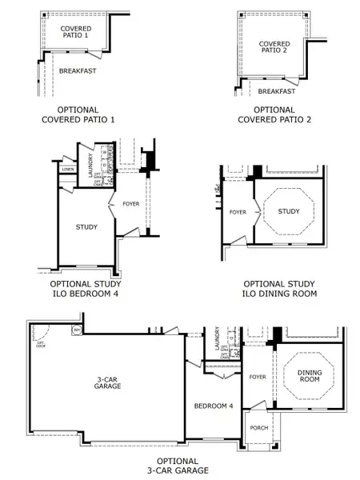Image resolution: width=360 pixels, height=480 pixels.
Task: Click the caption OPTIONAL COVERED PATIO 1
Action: point(78,114)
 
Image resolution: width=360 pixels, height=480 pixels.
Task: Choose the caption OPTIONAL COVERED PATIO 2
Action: point(274,114)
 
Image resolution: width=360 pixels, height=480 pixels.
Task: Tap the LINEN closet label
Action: point(68,169)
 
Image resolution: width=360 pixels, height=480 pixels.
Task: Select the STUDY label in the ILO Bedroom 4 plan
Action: point(86,227)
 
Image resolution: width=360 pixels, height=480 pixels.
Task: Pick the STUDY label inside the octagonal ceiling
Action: point(289,211)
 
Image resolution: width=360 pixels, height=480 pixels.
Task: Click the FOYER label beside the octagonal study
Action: point(238,212)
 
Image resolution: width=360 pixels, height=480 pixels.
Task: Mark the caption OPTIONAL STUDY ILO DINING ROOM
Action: point(279,289)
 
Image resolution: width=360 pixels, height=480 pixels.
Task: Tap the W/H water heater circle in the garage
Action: point(78,330)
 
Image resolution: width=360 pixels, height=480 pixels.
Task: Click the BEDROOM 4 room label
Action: point(214,406)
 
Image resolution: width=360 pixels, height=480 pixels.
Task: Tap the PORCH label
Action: point(258,427)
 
